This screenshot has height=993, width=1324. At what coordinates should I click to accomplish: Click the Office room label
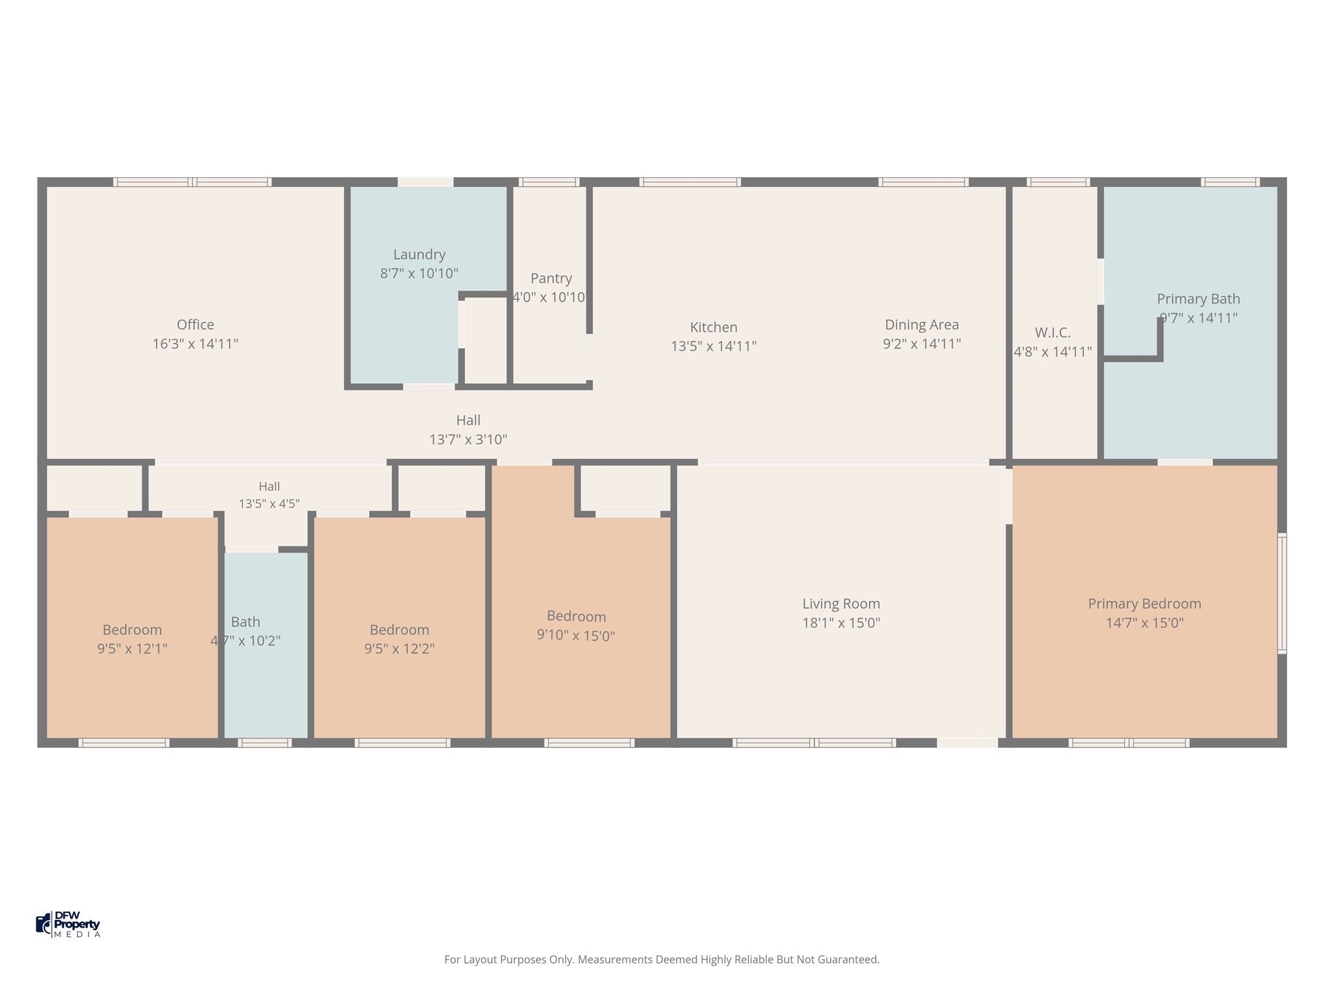(x=195, y=325)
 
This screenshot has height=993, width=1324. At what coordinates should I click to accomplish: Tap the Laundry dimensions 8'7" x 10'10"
(x=419, y=273)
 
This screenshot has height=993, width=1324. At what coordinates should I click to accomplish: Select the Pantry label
(x=551, y=279)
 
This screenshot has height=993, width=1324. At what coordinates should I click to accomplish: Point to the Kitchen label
(x=714, y=327)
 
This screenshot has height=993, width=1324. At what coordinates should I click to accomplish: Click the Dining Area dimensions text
(x=922, y=343)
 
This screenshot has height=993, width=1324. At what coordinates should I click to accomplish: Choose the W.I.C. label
(x=1052, y=332)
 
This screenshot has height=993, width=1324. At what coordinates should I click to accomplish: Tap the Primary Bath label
(x=1199, y=299)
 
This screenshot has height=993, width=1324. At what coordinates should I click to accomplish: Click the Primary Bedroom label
(x=1144, y=604)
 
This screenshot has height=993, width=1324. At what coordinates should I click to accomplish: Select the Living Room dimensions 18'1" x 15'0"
(x=841, y=623)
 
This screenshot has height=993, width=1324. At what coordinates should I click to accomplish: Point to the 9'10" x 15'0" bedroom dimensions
(x=575, y=635)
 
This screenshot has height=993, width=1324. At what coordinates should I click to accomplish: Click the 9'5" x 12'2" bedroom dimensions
(x=399, y=648)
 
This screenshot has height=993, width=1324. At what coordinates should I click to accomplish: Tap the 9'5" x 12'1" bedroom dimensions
(x=132, y=648)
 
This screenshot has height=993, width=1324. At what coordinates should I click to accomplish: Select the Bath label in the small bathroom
(x=246, y=622)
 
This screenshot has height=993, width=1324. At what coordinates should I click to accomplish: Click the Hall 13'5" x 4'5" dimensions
(x=269, y=504)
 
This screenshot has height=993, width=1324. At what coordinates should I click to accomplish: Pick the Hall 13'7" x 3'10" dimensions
(x=468, y=440)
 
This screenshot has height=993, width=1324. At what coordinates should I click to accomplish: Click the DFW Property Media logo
(x=69, y=924)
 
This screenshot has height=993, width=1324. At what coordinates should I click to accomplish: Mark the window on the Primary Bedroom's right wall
(x=1282, y=593)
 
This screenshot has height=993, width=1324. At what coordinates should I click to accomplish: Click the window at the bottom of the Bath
(x=264, y=743)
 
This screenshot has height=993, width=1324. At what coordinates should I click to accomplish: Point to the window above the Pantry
(x=549, y=182)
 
